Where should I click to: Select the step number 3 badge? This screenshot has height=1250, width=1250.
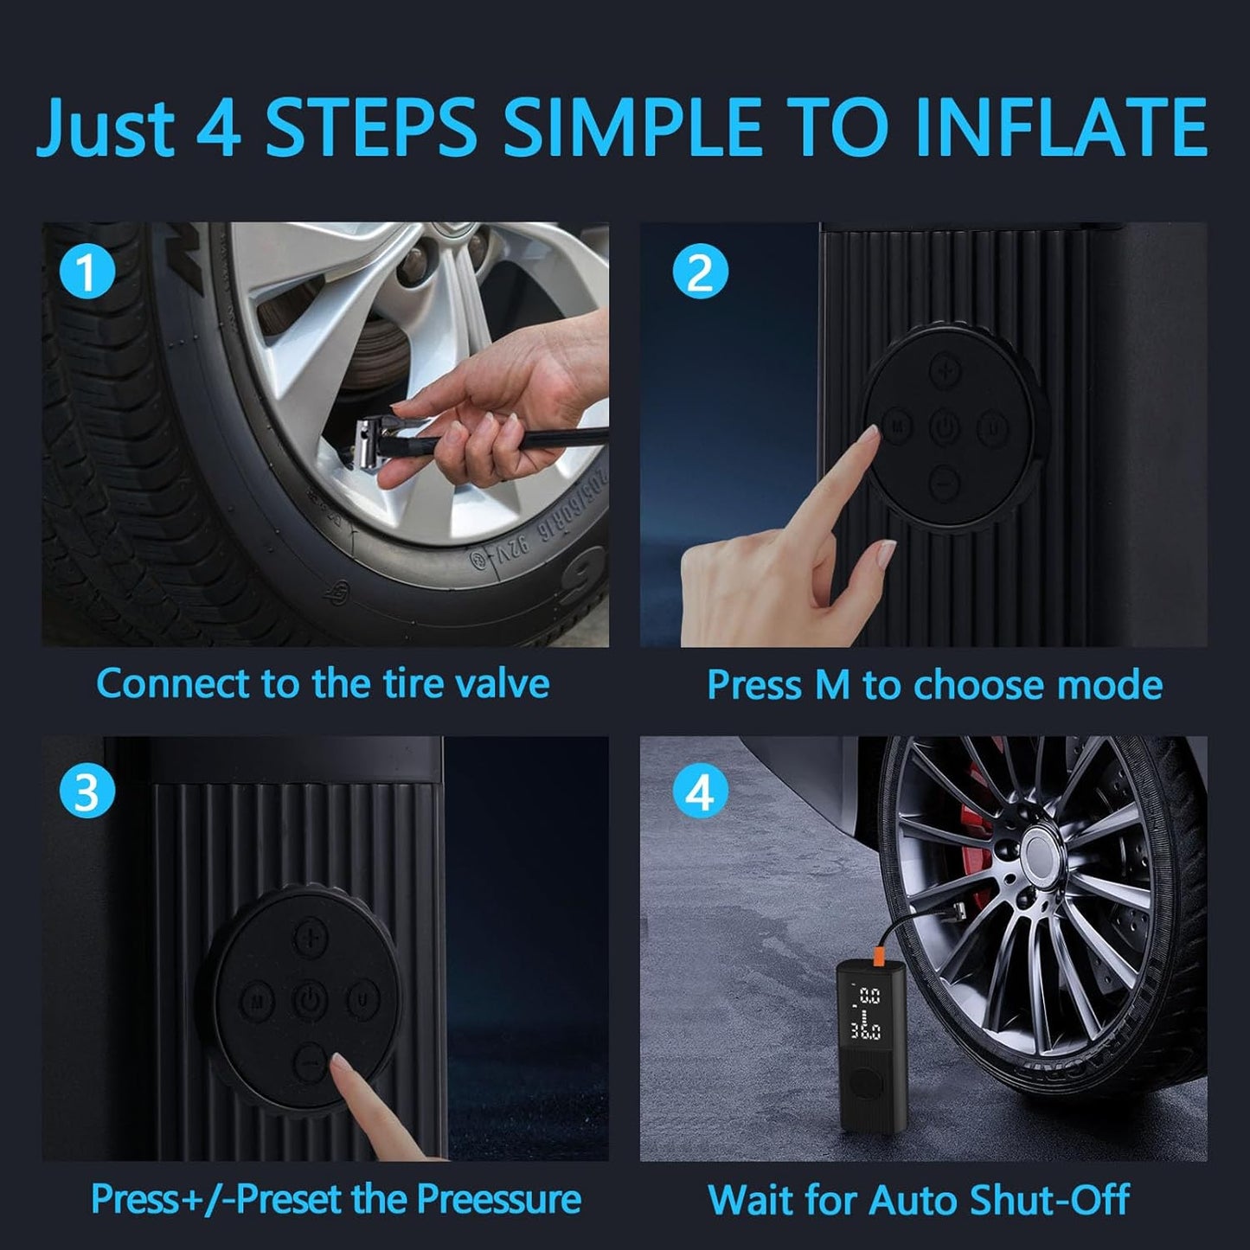click(x=87, y=792)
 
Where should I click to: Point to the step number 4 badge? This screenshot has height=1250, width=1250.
click(x=700, y=792)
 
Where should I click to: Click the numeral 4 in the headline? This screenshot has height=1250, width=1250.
click(x=219, y=127)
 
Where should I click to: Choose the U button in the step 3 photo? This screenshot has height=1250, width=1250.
click(x=362, y=1002)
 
